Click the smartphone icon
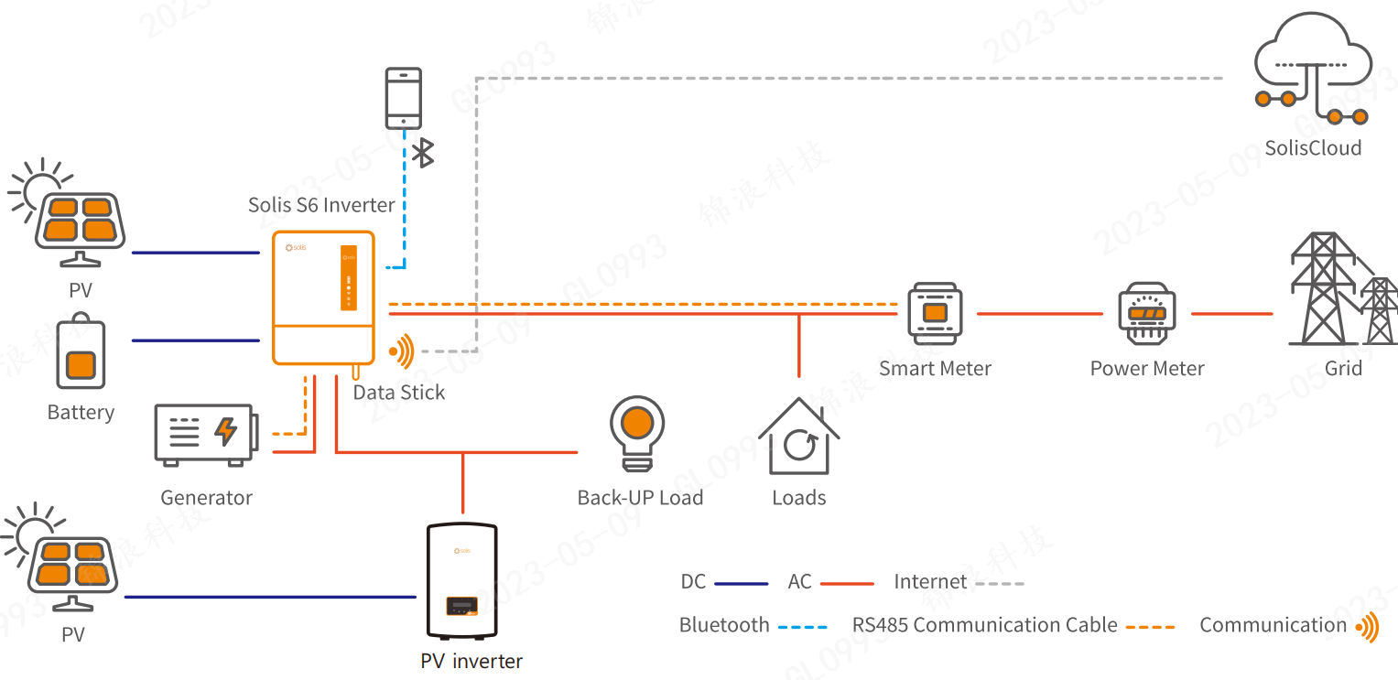pyautogui.click(x=404, y=97)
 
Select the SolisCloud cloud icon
pyautogui.click(x=1313, y=70)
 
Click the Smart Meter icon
pyautogui.click(x=935, y=314)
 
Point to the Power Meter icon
pyautogui.click(x=1146, y=315)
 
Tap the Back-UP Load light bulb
pyautogui.click(x=637, y=432)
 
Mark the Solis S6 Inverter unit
pyautogui.click(x=323, y=297)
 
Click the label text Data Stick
pyautogui.click(x=399, y=393)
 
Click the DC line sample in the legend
pyautogui.click(x=741, y=583)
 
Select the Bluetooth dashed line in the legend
pyautogui.click(x=802, y=627)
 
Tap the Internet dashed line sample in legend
pyautogui.click(x=1000, y=583)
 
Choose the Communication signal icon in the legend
pyautogui.click(x=1367, y=627)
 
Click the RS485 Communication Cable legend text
pyautogui.click(x=985, y=626)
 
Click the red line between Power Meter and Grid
pyautogui.click(x=1231, y=314)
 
